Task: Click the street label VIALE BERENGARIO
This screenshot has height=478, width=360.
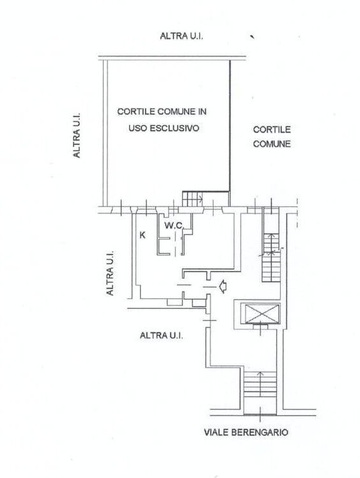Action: point(246,433)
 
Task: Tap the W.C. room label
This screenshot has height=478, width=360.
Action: point(174,225)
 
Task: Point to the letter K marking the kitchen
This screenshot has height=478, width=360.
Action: point(143,235)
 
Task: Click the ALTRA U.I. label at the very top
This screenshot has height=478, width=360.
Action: point(182,36)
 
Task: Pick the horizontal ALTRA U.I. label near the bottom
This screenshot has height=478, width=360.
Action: point(161,335)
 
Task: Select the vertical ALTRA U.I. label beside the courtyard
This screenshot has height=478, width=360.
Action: point(77,136)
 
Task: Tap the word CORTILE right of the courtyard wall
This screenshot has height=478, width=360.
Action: point(271,129)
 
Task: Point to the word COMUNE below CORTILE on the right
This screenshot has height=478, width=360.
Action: point(271,144)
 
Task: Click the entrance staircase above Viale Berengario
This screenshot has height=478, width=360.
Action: point(260,390)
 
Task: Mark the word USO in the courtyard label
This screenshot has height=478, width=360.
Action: point(138,127)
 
